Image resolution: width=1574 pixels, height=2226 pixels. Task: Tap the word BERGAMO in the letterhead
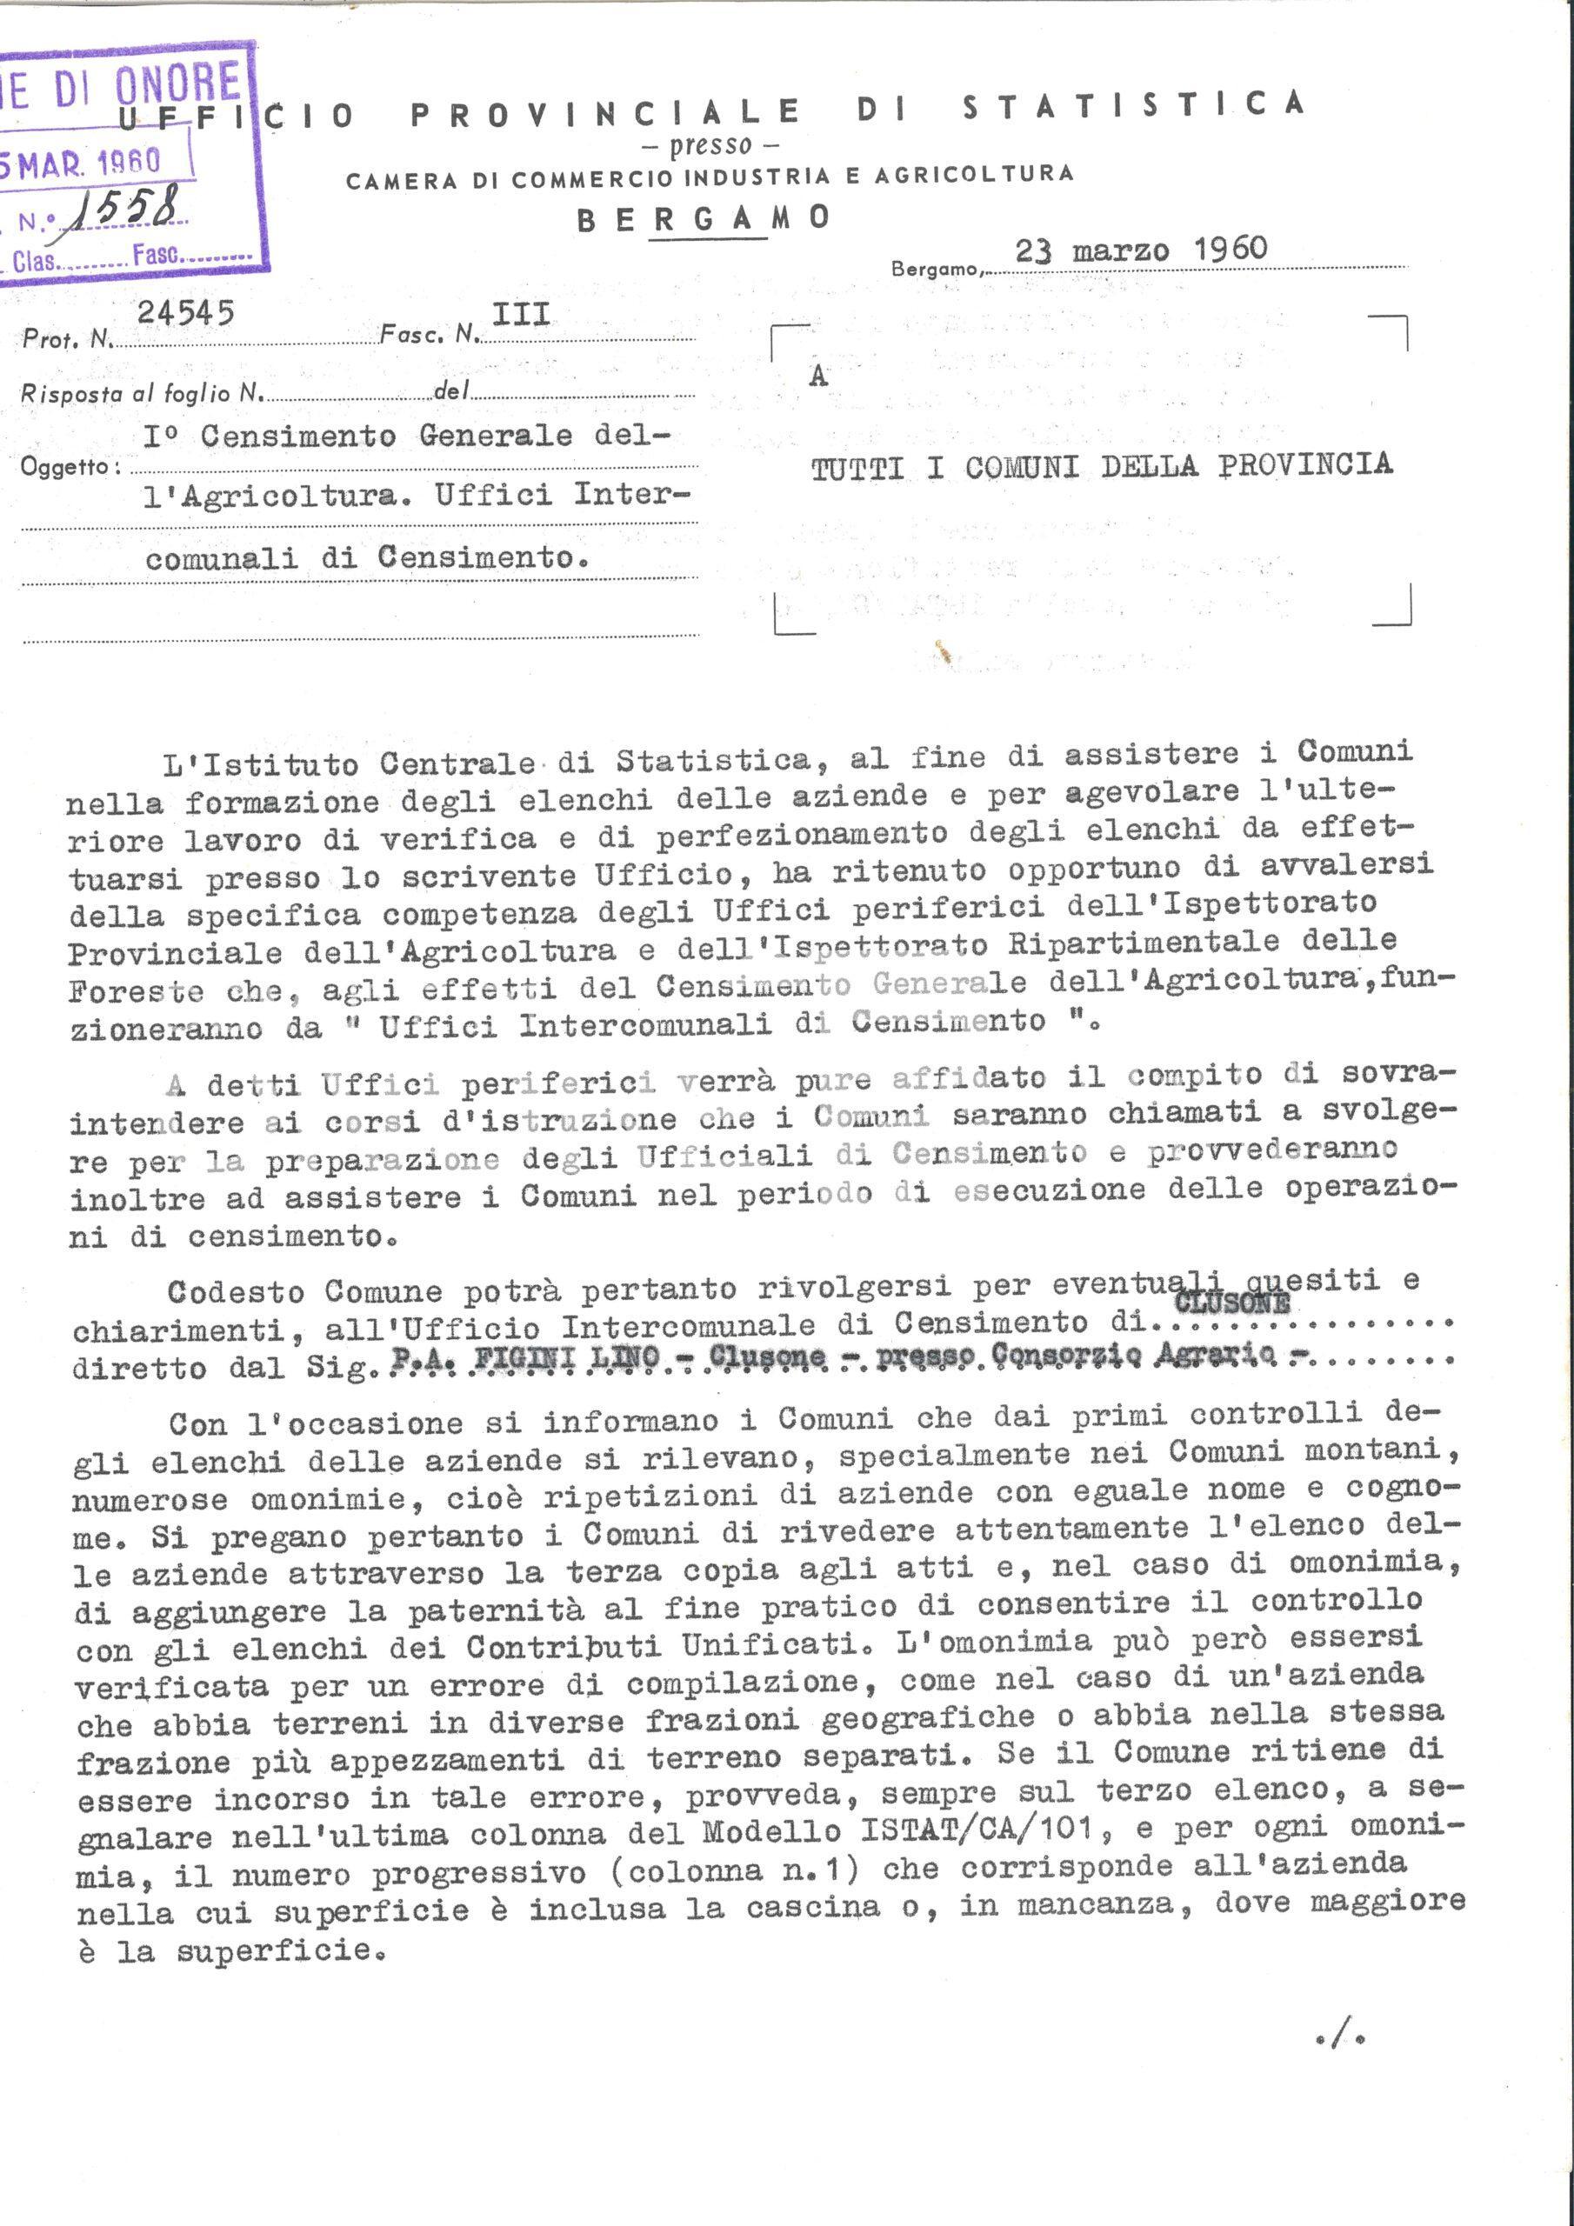coord(704,218)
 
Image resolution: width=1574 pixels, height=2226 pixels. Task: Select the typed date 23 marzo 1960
coord(1140,250)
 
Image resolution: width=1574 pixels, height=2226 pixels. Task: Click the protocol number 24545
coord(185,313)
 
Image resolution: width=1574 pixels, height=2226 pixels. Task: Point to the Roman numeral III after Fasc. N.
coord(521,314)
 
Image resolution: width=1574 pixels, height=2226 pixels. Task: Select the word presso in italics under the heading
coord(710,145)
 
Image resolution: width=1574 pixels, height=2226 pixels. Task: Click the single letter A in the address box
coord(818,377)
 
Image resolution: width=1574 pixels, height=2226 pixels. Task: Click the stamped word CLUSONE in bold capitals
coord(1231,1302)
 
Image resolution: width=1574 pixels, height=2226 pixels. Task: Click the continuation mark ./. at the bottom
coord(1342,2039)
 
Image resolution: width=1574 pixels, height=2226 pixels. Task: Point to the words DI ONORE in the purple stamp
coord(145,87)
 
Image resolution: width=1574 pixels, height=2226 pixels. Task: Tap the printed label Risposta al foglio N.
coord(142,393)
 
